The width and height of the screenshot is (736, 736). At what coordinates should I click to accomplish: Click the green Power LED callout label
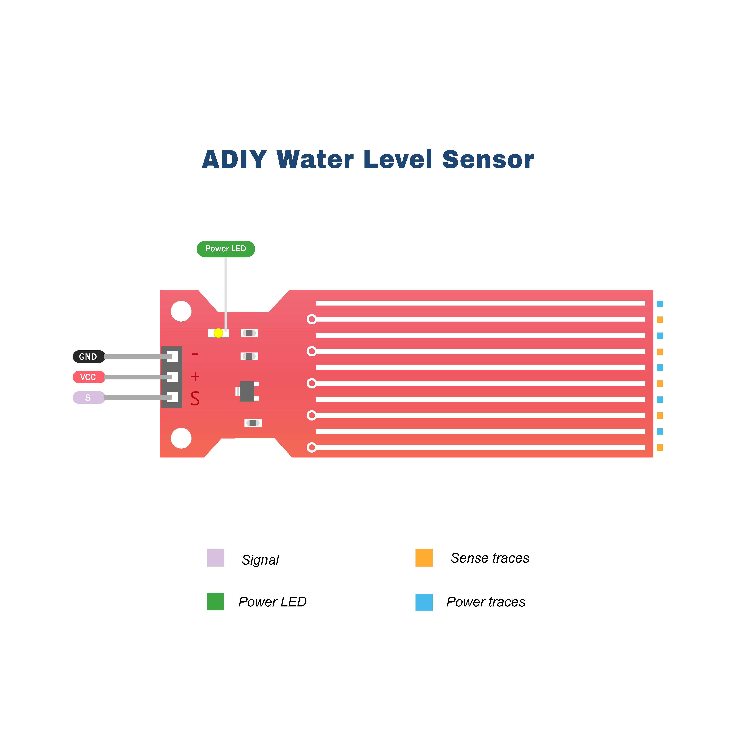(x=225, y=249)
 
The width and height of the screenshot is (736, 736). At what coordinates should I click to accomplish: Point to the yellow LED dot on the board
(x=218, y=333)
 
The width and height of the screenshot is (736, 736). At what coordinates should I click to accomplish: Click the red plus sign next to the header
(x=195, y=376)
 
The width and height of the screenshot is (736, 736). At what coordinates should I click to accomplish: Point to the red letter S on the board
(x=195, y=398)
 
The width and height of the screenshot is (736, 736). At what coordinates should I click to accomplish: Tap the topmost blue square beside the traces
(x=660, y=304)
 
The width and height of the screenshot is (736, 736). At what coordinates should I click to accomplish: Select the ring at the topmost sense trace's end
(x=312, y=319)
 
